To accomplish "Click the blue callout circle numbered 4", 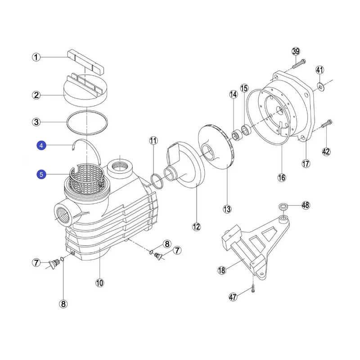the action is pos(41,145).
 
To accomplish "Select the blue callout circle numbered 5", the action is pos(41,175).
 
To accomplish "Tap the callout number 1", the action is pos(36,57).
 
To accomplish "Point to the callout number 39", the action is pos(296,51).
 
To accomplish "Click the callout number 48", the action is pos(306,205).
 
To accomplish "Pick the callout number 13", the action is pos(227,209).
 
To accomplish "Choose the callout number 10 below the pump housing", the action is pos(99,283).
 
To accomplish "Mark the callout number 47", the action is pos(233,297).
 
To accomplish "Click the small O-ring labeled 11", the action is pos(157,181).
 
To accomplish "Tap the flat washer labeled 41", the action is pos(319,86).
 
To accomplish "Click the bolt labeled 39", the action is pos(299,63).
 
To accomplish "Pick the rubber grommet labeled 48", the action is pos(283,206).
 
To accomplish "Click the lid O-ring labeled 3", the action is pos(87,122).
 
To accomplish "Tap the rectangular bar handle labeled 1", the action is pos(85,62).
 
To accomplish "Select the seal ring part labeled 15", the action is pos(246,130).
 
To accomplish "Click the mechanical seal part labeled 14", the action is pos(236,135).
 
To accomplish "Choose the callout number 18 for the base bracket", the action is pos(221,270).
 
